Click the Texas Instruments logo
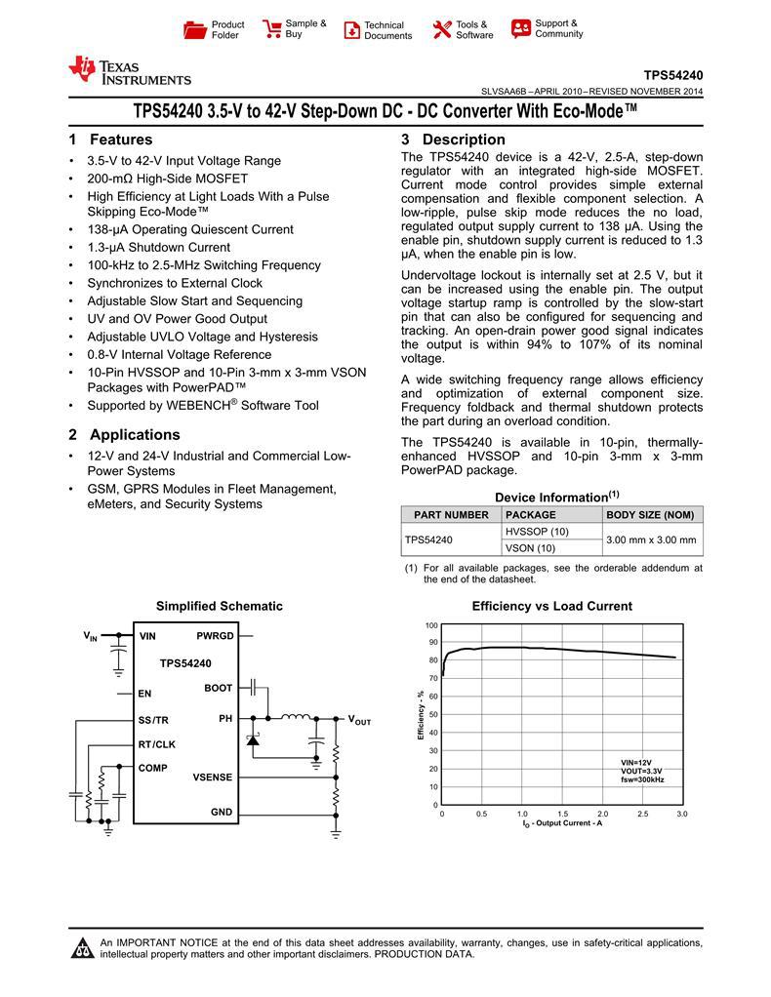coord(129,70)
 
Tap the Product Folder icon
coord(195,30)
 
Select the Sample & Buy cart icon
coord(272,29)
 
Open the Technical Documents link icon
coord(352,30)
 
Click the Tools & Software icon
coord(442,29)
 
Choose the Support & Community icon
coord(521,28)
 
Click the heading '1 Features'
coord(110,140)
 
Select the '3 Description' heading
coord(453,140)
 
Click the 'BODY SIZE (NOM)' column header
coord(651,514)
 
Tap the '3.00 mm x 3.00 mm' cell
coord(651,539)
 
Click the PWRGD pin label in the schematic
coord(215,636)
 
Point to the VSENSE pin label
coord(213,777)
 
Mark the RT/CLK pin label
coord(157,744)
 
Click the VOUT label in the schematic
coord(359,720)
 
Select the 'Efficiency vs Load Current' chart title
coord(551,606)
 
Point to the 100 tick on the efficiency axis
coord(431,624)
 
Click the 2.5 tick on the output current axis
coord(641,814)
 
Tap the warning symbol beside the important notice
coord(83,948)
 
